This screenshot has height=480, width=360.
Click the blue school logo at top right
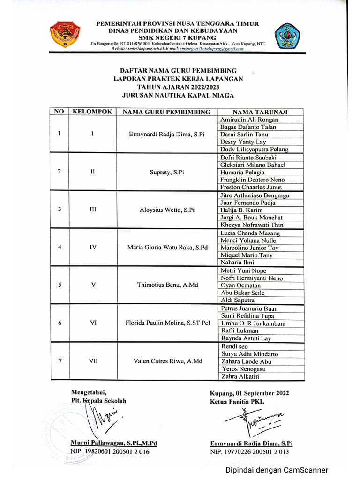click(287, 36)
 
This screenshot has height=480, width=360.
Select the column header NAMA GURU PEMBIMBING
click(166, 112)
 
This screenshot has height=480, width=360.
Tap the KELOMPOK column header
click(92, 112)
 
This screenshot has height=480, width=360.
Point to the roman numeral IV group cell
click(92, 247)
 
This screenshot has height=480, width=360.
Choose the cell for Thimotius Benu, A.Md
click(166, 285)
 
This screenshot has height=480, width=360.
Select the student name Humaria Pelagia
click(242, 172)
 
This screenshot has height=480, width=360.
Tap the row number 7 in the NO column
click(59, 360)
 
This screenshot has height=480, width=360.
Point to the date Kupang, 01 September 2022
click(249, 393)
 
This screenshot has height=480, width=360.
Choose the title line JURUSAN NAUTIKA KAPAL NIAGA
click(178, 95)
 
